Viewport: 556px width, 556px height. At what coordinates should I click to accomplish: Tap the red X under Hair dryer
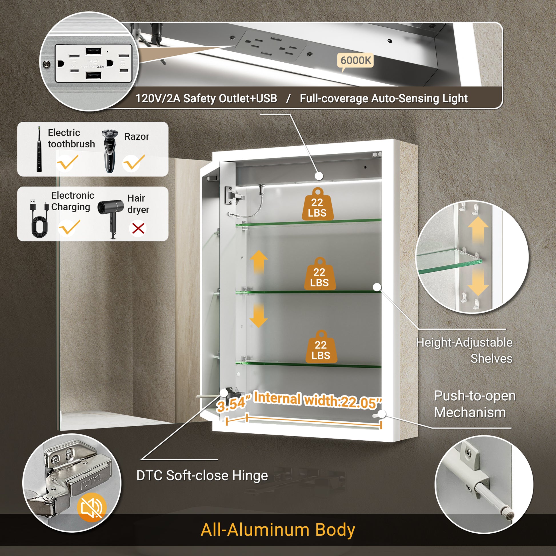coord(138,229)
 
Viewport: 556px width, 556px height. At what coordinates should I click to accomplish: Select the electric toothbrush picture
coord(39,149)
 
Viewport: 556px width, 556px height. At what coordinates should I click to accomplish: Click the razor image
coord(109,151)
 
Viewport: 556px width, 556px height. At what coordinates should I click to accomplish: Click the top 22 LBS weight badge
coord(317,204)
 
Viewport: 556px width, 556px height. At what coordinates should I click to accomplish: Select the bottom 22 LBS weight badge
coord(321,347)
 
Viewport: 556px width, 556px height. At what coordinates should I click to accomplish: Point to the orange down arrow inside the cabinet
coord(259,315)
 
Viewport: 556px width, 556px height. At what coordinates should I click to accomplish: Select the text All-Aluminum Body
coord(278,529)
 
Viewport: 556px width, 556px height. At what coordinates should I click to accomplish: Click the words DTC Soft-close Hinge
coord(202,475)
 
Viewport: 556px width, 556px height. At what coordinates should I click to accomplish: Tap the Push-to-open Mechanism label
coord(475,404)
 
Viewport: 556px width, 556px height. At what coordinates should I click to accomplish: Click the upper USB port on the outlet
coord(93,52)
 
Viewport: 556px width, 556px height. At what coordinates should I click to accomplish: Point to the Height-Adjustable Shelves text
coord(464,351)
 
